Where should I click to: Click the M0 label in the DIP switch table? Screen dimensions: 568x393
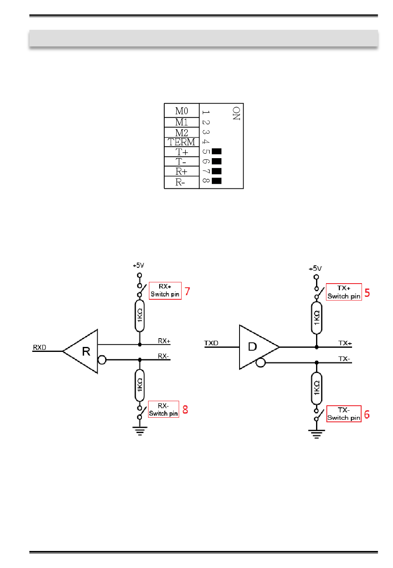(182, 111)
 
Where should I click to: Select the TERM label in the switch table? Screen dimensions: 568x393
(182, 142)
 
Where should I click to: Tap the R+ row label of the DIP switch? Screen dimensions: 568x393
(182, 171)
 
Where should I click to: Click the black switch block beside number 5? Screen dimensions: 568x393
(217, 152)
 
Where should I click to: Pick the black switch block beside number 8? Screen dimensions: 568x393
(217, 181)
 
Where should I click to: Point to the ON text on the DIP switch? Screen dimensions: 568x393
(236, 113)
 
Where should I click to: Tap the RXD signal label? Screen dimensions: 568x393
(40, 347)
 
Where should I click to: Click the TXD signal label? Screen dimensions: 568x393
(211, 343)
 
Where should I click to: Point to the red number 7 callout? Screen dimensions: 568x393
(187, 291)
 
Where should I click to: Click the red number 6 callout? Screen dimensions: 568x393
(367, 414)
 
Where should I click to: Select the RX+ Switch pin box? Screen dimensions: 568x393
(165, 291)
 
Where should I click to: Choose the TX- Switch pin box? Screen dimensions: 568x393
(344, 414)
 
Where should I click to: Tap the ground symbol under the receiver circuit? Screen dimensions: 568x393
(140, 431)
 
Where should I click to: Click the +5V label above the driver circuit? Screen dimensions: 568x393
(315, 268)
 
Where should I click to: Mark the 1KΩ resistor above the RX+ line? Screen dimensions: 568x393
(140, 316)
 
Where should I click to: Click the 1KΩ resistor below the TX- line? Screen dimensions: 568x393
(316, 388)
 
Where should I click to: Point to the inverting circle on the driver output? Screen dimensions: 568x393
(261, 363)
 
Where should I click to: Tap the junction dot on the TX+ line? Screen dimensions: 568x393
(316, 347)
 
